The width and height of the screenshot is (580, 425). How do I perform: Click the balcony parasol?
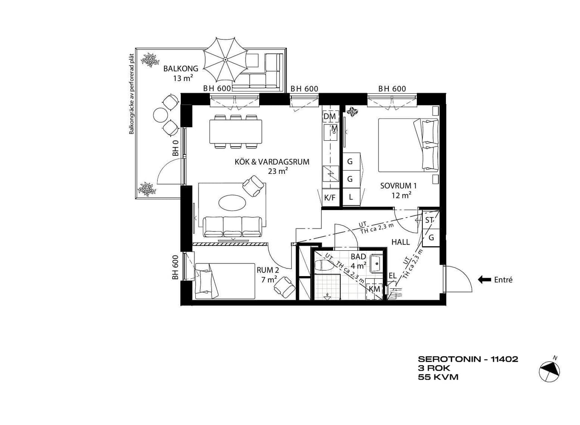tap(225, 59)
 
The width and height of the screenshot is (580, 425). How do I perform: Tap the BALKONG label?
tap(181, 68)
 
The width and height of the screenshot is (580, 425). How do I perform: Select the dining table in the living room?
tap(236, 131)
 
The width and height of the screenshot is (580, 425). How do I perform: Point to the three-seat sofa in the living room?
tap(232, 227)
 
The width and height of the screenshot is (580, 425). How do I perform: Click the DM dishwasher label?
tap(329, 116)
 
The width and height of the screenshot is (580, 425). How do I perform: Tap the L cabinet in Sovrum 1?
tap(351, 197)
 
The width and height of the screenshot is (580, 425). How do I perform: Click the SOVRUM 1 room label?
tap(398, 186)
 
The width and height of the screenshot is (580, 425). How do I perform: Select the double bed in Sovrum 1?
tap(408, 145)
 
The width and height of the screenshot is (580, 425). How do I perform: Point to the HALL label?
tap(401, 242)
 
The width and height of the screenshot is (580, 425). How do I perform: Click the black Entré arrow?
tap(484, 280)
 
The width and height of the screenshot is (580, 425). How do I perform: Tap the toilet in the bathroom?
tap(325, 266)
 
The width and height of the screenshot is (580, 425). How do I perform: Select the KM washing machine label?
tap(374, 289)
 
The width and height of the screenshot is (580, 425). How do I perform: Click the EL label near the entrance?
tap(392, 276)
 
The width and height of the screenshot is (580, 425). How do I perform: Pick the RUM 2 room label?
tap(268, 270)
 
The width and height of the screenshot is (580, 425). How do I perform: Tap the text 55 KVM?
tap(438, 377)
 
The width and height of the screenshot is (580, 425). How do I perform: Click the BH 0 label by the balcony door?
tap(176, 148)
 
